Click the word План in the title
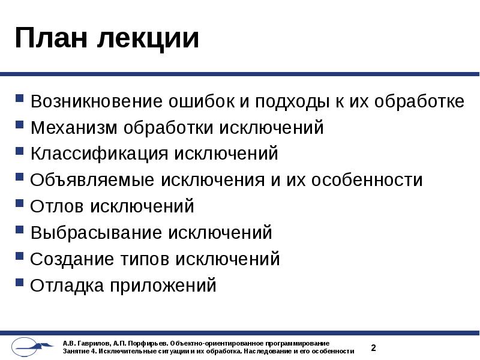click(x=50, y=38)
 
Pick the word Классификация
click(x=99, y=154)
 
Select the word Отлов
click(x=58, y=206)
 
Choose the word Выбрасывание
click(x=96, y=232)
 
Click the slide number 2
click(x=373, y=347)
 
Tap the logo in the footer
click(x=34, y=347)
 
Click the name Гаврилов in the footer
click(x=90, y=343)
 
